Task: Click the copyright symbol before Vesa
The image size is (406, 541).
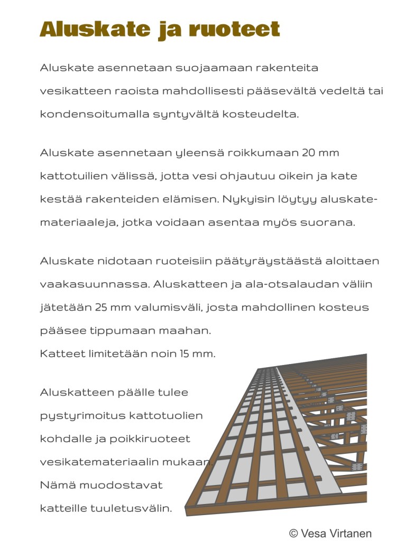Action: tap(293, 533)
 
